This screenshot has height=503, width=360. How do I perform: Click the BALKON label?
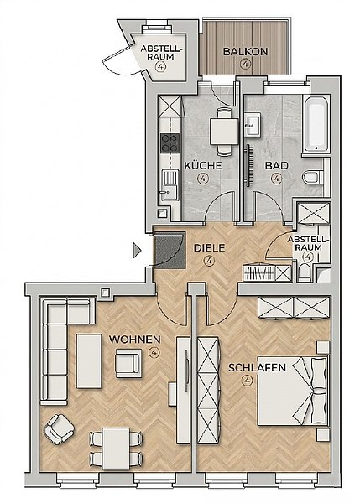[x=245, y=52]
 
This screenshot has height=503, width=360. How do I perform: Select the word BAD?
[x=276, y=166]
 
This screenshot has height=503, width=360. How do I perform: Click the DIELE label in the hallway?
[x=210, y=248]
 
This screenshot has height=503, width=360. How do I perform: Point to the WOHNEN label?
[x=135, y=340]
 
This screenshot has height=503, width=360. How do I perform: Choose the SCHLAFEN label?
[x=257, y=368]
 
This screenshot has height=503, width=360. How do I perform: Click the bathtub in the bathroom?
[x=316, y=124]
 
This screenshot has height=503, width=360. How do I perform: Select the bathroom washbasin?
[x=253, y=124]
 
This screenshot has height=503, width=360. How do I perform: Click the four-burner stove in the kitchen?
[x=170, y=143]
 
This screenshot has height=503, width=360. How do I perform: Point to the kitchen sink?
[x=170, y=185]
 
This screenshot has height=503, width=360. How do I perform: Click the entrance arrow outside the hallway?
[x=137, y=250]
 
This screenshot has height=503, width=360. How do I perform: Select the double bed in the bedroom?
[x=292, y=391]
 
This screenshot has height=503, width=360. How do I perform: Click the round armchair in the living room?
[x=60, y=429]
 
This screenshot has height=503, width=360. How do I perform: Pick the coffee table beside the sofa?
[x=89, y=361]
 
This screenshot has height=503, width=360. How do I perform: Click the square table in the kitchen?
[x=224, y=132]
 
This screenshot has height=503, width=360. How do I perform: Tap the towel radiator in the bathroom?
[x=248, y=165]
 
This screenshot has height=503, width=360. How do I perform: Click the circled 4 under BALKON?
[x=245, y=64]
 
